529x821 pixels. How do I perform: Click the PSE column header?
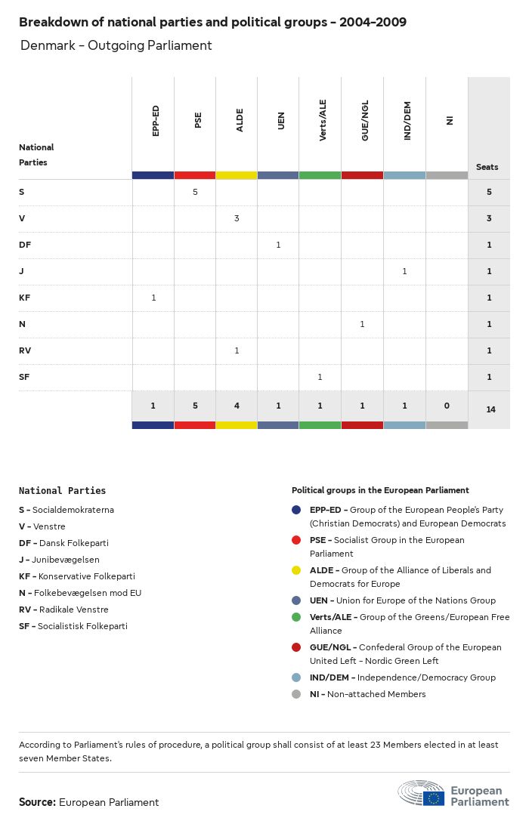tap(198, 120)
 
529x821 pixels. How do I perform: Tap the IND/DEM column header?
tap(407, 123)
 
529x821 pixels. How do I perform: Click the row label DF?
tap(25, 245)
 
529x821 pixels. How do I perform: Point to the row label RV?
tap(25, 350)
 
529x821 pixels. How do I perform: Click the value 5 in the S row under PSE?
tap(195, 192)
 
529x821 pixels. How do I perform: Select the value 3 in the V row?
tap(237, 218)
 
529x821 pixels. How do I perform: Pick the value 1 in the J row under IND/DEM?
tap(404, 271)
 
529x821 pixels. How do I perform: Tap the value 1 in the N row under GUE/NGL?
tap(362, 324)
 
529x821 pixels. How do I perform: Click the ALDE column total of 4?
tap(237, 406)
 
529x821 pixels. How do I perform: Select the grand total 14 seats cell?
tap(490, 409)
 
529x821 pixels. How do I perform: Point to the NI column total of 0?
tap(447, 406)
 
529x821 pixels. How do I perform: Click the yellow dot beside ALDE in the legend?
tap(296, 570)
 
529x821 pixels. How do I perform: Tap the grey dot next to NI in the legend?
tap(296, 694)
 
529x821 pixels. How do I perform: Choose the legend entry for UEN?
tap(402, 600)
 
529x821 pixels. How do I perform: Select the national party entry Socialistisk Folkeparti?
tap(73, 626)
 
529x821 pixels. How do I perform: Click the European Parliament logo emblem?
tap(433, 795)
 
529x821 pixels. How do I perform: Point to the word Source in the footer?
tap(37, 802)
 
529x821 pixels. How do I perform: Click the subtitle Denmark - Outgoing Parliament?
tap(116, 45)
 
